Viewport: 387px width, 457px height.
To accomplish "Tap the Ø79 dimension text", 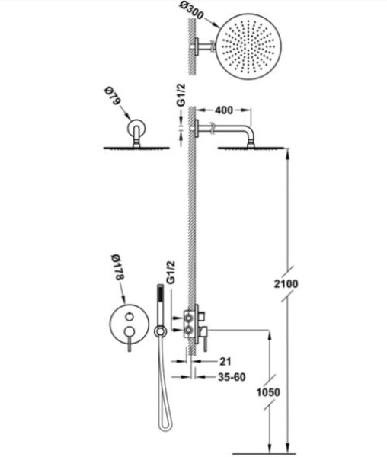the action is click(112, 96).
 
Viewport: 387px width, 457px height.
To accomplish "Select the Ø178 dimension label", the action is click(118, 267).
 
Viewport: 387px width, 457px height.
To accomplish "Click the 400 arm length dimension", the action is click(224, 110).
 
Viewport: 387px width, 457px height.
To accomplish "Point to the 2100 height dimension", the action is click(286, 283).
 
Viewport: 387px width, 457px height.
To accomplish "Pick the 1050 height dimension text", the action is click(268, 392).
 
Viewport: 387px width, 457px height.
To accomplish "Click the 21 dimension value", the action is click(225, 362).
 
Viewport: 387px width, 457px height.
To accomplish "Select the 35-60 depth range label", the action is click(232, 377).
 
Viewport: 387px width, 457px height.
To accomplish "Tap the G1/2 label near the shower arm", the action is click(181, 95).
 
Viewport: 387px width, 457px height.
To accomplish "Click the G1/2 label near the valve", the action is click(171, 273).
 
